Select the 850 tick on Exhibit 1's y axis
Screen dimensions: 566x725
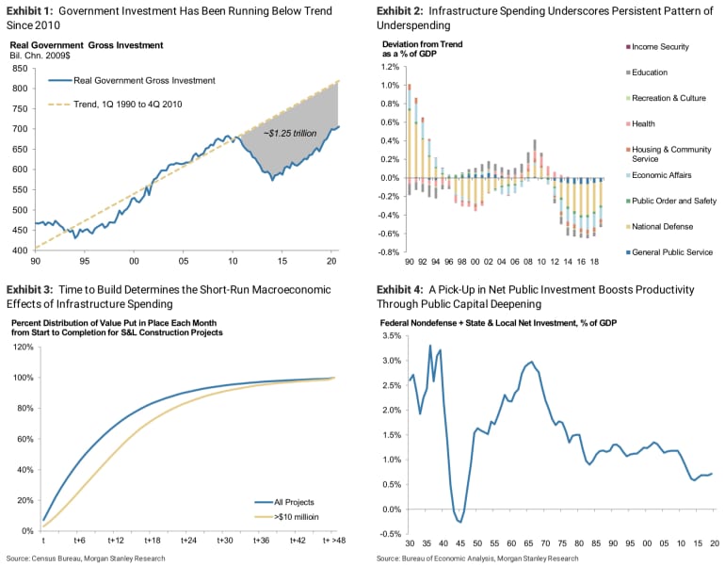19,69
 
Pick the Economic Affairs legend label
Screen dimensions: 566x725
666,174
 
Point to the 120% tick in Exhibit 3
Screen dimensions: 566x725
21,348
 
